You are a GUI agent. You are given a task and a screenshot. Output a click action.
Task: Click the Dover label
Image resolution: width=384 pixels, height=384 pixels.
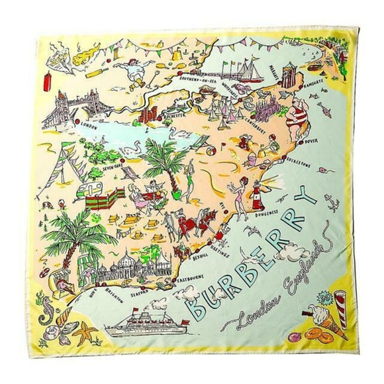click(311, 141)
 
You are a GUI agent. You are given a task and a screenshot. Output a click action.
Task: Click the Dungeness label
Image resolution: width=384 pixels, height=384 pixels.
click(268, 218)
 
